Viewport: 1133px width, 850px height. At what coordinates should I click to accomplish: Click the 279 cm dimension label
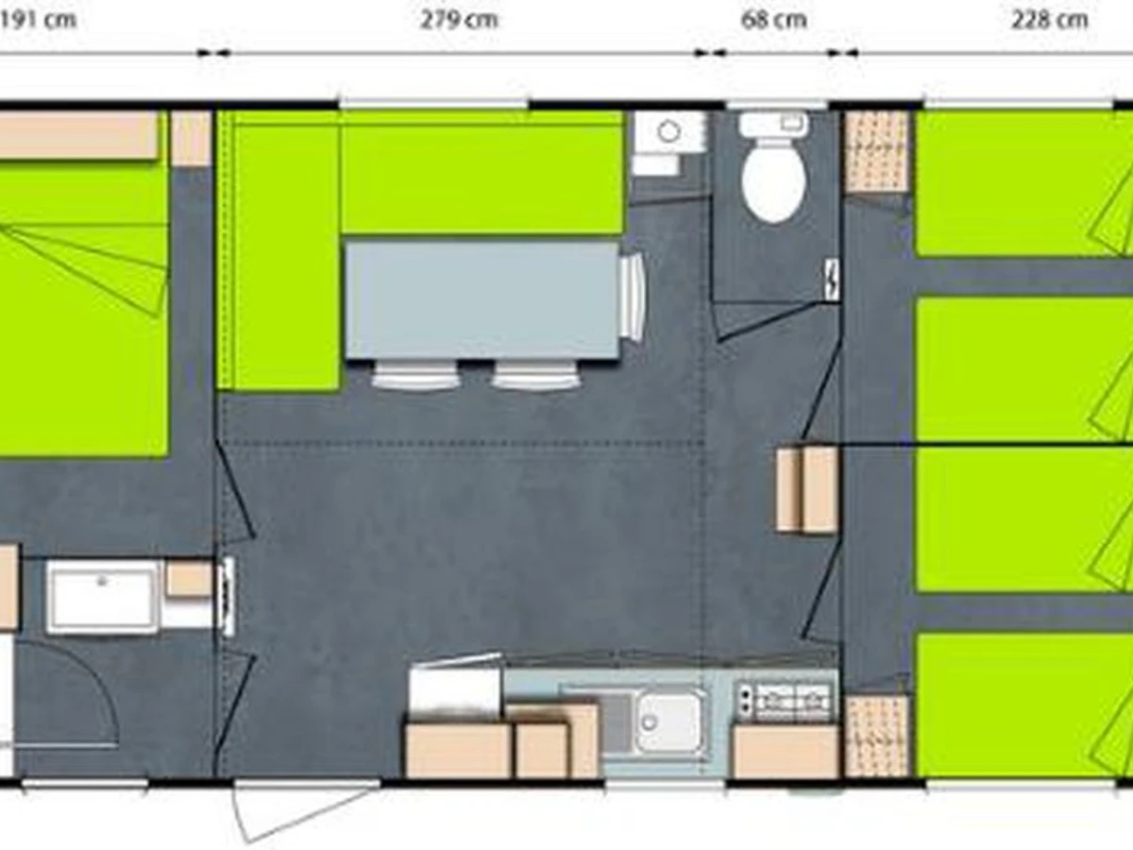(x=459, y=21)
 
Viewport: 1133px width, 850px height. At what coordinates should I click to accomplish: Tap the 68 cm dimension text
(x=773, y=21)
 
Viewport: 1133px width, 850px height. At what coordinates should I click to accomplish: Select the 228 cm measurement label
(x=1049, y=21)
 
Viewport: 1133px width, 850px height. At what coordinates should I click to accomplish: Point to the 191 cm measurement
(x=38, y=21)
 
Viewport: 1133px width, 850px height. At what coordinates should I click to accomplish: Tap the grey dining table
(x=482, y=300)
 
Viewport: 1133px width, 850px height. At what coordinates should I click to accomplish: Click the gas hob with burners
(x=786, y=701)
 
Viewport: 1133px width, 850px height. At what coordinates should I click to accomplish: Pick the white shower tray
(x=103, y=597)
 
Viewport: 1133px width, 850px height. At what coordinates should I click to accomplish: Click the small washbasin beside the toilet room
(x=669, y=132)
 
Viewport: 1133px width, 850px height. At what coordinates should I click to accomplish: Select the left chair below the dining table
(x=415, y=376)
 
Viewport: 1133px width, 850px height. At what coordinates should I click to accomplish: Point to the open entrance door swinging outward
(x=305, y=810)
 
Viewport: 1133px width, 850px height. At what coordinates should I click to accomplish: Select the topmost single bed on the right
(x=1024, y=183)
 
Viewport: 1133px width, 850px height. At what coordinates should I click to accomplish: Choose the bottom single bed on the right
(x=1024, y=705)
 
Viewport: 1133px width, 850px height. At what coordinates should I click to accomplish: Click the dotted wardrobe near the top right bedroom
(x=876, y=152)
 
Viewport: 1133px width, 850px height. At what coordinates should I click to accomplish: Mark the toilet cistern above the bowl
(x=773, y=125)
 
